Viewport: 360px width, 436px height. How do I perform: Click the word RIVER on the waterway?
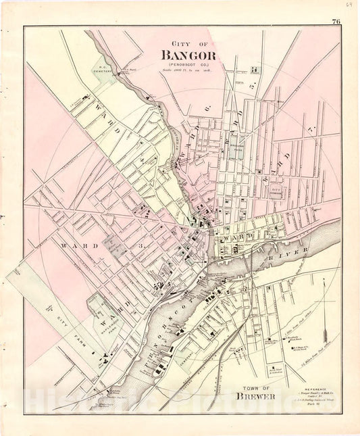point(295,251)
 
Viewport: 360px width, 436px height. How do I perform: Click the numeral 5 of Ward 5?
point(251,87)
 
